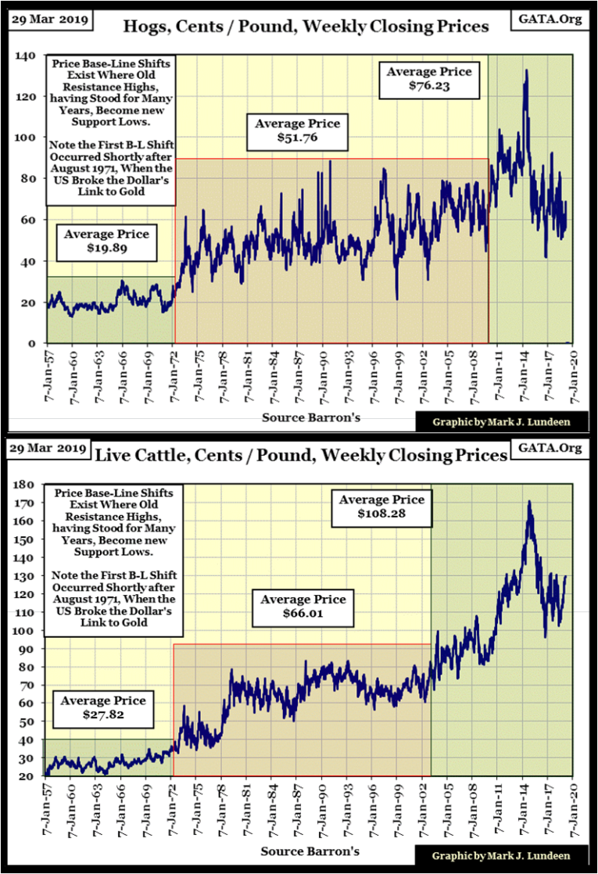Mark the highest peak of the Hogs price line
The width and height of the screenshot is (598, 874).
click(x=526, y=70)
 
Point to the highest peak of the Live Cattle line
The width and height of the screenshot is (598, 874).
click(x=530, y=502)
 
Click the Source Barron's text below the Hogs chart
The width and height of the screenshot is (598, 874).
click(x=310, y=417)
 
